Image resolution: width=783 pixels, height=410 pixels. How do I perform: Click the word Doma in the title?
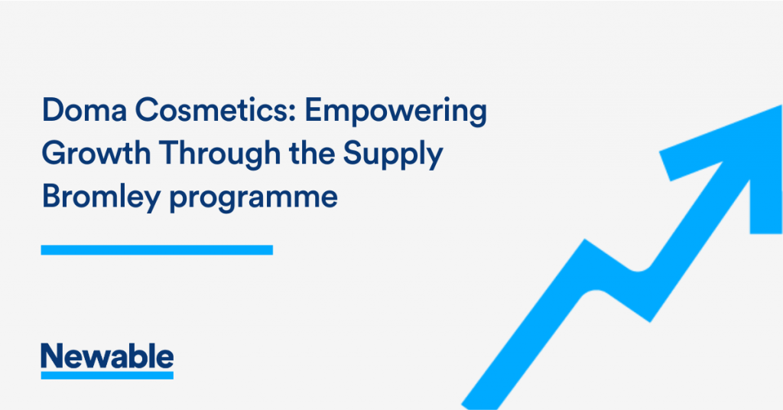(84, 110)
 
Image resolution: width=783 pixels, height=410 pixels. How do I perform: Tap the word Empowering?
(395, 112)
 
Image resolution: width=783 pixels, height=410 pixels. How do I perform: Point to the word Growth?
(96, 153)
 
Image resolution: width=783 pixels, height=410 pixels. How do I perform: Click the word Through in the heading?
(219, 155)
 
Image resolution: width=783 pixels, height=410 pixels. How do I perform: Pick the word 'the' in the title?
(312, 152)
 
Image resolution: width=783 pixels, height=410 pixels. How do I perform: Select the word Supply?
(393, 155)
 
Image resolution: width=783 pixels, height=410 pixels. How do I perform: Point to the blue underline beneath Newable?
(107, 375)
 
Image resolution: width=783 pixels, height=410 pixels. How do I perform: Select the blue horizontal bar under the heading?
(157, 249)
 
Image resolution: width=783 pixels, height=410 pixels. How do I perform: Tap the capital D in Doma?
(53, 110)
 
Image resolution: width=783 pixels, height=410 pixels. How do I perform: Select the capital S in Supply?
(353, 153)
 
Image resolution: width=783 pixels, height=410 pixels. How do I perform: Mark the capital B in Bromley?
(51, 197)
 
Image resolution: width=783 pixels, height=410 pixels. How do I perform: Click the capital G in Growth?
(54, 153)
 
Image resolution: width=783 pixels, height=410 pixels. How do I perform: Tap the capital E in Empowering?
(314, 110)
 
